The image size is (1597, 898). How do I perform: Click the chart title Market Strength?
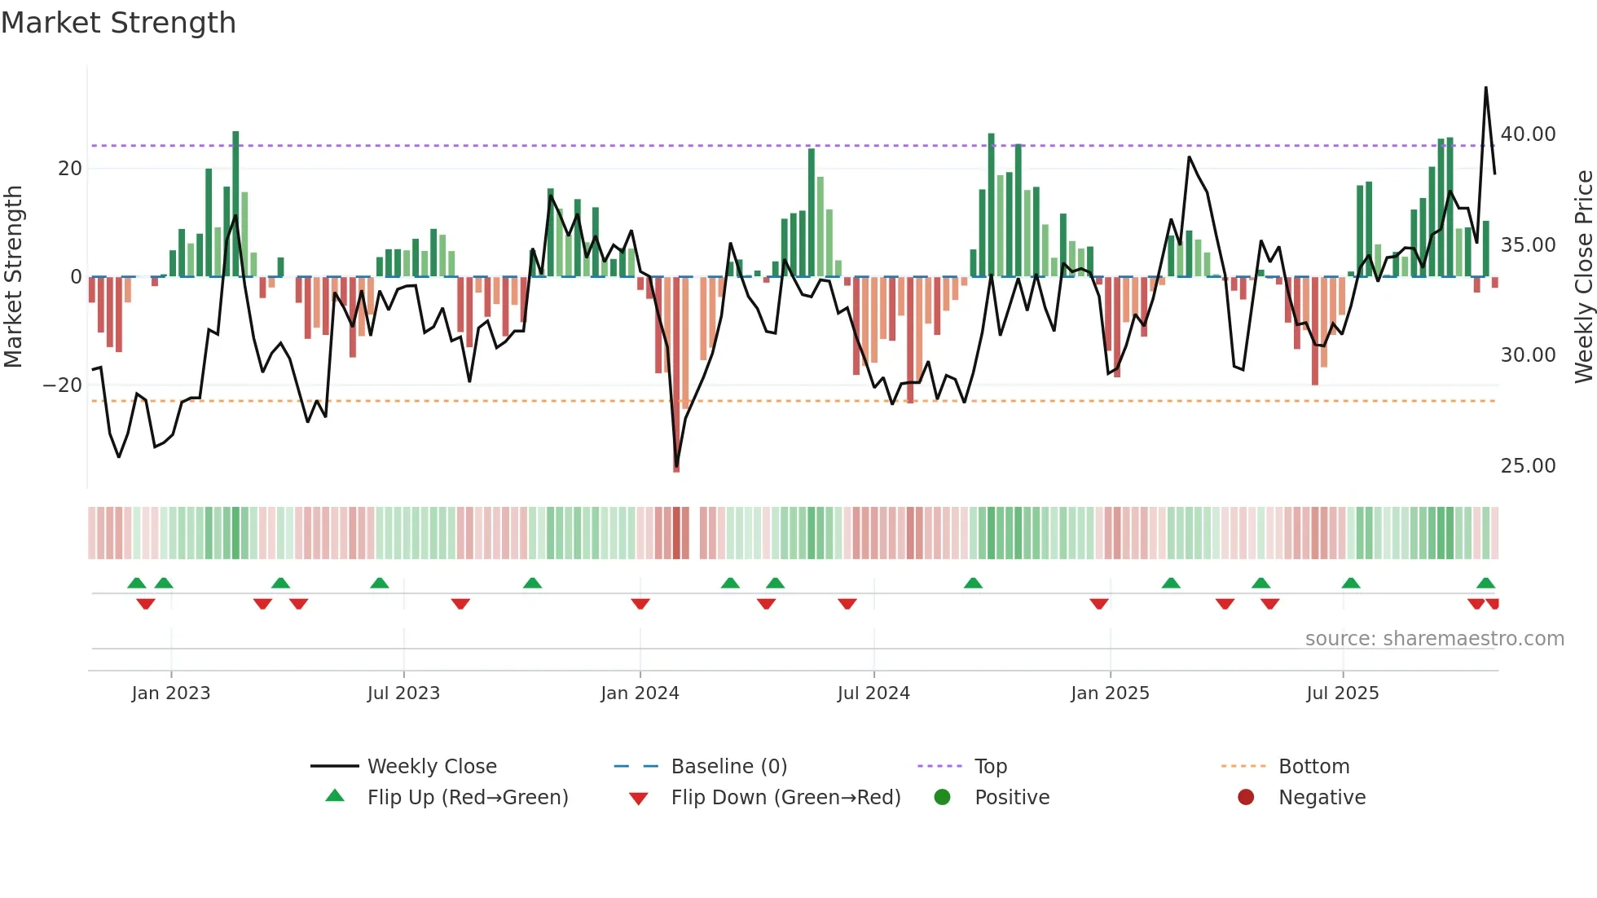tap(118, 23)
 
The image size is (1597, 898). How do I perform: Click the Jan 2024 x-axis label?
tap(640, 693)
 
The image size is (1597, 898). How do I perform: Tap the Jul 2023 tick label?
tap(403, 693)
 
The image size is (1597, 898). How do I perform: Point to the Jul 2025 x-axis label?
tap(1342, 693)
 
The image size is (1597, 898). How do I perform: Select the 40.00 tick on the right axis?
tap(1528, 134)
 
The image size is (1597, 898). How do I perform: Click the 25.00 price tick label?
tap(1528, 466)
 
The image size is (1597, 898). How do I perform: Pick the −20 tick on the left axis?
tap(63, 385)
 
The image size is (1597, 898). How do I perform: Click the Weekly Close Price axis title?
tap(1583, 277)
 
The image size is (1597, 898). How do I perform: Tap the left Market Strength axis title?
tap(13, 277)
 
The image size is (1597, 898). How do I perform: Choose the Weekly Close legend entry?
tap(431, 767)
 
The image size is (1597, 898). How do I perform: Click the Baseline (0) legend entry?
tap(728, 767)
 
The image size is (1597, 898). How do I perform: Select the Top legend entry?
tap(990, 767)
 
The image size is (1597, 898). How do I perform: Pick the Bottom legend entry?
tap(1313, 767)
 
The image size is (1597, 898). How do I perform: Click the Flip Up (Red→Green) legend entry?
tap(467, 798)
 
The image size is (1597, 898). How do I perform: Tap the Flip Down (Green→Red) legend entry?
tap(785, 798)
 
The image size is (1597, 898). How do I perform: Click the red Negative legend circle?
tap(1246, 797)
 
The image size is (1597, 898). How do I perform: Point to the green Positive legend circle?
tap(942, 797)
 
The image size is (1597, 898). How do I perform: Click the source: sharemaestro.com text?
tap(1434, 639)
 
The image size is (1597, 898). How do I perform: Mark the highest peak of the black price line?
tap(1485, 88)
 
